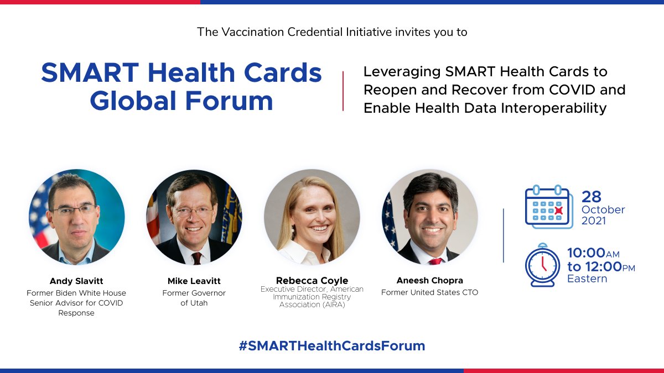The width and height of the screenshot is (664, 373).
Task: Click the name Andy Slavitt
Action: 77,281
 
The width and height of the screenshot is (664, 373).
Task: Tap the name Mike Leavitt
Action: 194,281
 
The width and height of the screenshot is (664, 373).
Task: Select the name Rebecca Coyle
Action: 312,281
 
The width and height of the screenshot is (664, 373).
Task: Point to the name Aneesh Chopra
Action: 429,281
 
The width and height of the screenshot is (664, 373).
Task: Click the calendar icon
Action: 548,207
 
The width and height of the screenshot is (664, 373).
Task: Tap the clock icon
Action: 542,265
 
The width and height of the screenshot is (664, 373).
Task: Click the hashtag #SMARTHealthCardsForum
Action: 332,346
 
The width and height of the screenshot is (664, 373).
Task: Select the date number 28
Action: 592,197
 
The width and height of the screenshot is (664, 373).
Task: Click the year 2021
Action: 593,221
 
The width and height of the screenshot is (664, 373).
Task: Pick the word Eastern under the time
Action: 587,279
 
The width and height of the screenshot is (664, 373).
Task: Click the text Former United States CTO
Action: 429,292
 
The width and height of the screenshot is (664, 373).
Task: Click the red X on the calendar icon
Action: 559,211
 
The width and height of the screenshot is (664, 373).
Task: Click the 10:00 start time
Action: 585,254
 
